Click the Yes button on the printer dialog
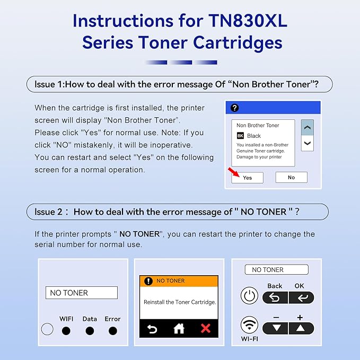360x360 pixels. [247, 178]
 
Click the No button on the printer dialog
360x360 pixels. [291, 178]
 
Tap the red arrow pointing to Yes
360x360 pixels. [233, 172]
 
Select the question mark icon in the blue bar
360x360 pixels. [235, 108]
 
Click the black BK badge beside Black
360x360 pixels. [240, 136]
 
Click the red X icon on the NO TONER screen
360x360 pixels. [206, 329]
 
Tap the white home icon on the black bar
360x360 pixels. [179, 329]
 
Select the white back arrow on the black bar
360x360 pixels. [152, 329]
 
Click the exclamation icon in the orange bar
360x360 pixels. [148, 281]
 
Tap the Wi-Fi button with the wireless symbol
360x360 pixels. [249, 325]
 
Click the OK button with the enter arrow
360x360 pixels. [301, 297]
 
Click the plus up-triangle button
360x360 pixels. [301, 328]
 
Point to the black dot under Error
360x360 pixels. [112, 331]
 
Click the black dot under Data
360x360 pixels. [90, 331]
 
